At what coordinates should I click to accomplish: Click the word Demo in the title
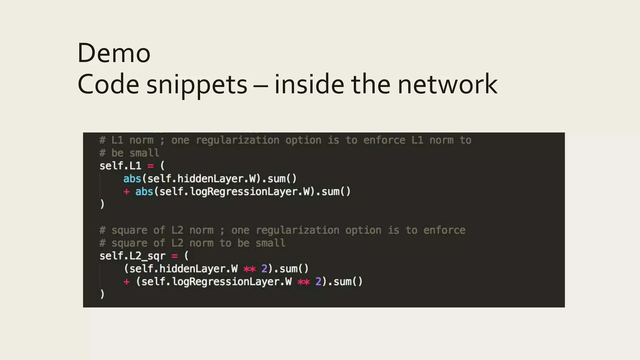coord(114,53)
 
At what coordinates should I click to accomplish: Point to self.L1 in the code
coord(120,166)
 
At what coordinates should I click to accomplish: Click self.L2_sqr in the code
coord(132,256)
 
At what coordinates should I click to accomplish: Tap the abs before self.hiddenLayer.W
coord(132,179)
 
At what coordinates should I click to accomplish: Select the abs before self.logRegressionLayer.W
coord(144,192)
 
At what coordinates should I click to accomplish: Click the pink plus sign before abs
coord(126,192)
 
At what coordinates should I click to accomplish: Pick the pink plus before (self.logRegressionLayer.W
coord(126,282)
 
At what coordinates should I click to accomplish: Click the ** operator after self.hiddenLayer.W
coord(249,269)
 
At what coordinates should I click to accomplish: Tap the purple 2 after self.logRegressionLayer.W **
coord(318,282)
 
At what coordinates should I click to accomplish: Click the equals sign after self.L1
coord(150,166)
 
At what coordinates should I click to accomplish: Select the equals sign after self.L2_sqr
coord(174,256)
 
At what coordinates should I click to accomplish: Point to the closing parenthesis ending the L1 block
coord(102,204)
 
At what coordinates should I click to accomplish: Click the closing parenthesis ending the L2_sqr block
coord(102,294)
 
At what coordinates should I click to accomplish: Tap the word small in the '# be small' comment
coord(144,153)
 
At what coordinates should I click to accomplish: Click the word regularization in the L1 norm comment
coord(237,140)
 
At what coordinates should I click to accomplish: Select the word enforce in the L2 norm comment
coord(444,230)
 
